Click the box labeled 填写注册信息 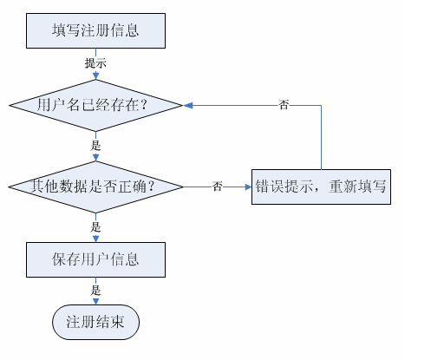(x=95, y=30)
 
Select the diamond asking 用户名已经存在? (x=95, y=105)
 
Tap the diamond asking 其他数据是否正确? (x=95, y=187)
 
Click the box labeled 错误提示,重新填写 (x=321, y=187)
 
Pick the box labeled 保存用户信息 (x=95, y=259)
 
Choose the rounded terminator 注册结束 (x=95, y=322)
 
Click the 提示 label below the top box (x=95, y=63)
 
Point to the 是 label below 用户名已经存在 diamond (x=95, y=145)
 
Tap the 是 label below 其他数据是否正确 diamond (x=95, y=227)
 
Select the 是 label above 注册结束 (x=95, y=290)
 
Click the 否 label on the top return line (x=284, y=105)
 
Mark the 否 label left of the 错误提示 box (x=218, y=187)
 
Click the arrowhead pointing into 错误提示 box (x=248, y=187)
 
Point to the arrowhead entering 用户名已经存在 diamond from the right (x=188, y=106)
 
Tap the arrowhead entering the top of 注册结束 (x=95, y=301)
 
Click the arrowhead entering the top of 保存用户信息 (x=95, y=239)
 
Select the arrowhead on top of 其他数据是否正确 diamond (x=95, y=157)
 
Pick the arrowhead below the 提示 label (x=95, y=75)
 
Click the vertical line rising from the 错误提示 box (x=321, y=137)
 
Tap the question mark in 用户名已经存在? (x=144, y=105)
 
